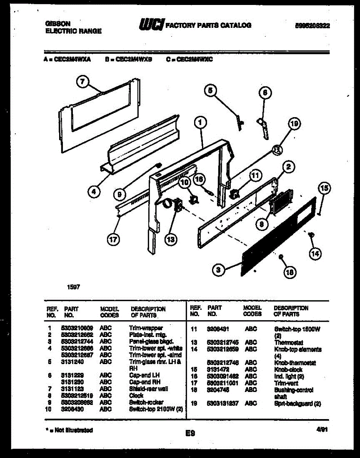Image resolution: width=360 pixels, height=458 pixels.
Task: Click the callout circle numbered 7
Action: (84, 81)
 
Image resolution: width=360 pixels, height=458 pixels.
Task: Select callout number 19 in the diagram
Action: (293, 124)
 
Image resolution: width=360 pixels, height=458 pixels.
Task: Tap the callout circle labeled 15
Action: (325, 188)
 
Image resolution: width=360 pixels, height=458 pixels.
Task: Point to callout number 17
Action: (113, 239)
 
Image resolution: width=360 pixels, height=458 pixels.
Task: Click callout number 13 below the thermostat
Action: (171, 239)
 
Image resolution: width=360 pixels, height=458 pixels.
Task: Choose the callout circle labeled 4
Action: (94, 192)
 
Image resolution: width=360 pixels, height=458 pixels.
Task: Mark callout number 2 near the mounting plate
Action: (288, 167)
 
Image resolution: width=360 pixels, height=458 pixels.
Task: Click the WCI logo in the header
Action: (151, 25)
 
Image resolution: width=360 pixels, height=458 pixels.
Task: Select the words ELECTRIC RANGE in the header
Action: (74, 31)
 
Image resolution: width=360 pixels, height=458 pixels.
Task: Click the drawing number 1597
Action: (74, 287)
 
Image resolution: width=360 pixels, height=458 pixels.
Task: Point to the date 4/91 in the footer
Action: (322, 429)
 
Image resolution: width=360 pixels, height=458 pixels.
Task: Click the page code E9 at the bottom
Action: (190, 433)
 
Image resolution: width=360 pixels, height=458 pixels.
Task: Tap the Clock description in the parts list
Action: (136, 395)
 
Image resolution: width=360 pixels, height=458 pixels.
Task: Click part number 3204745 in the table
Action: (219, 390)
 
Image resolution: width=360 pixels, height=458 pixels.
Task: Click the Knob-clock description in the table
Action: (288, 369)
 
